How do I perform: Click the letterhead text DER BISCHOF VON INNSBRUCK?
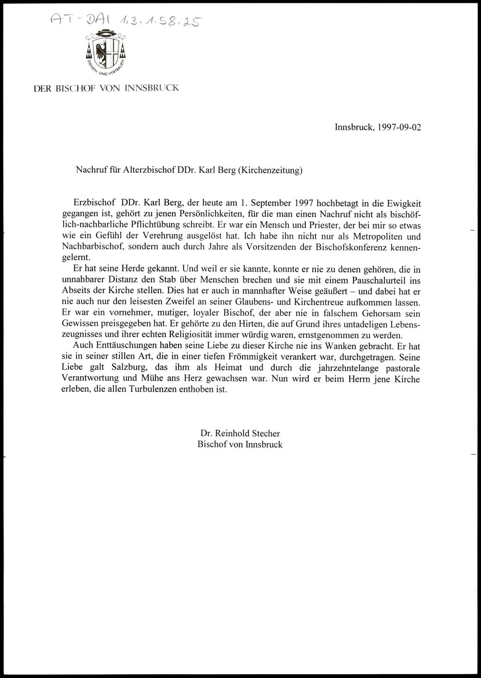(x=106, y=88)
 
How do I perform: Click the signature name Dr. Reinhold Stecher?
(x=240, y=434)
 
